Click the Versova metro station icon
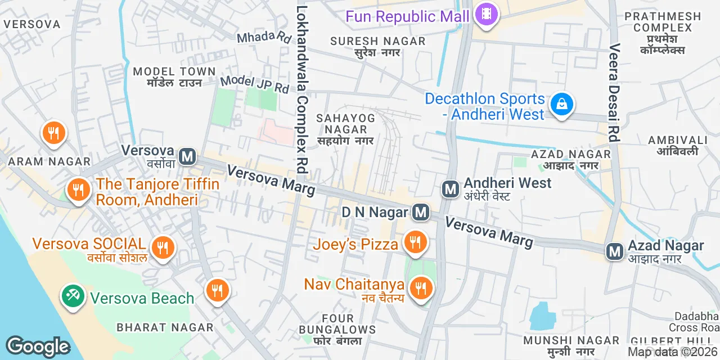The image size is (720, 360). pos(187,156)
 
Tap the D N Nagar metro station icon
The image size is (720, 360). pos(420,212)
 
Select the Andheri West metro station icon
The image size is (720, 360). pos(450,189)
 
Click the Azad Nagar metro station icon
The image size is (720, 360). pos(614,251)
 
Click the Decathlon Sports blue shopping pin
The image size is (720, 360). pos(561,104)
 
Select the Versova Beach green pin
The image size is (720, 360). pos(73,295)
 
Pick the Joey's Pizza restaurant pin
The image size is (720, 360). pos(416,242)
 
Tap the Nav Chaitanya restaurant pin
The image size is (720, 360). pos(420,289)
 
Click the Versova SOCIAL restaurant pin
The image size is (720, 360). pos(163,246)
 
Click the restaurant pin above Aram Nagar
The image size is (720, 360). pos(53,133)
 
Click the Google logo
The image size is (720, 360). pos(38,346)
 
